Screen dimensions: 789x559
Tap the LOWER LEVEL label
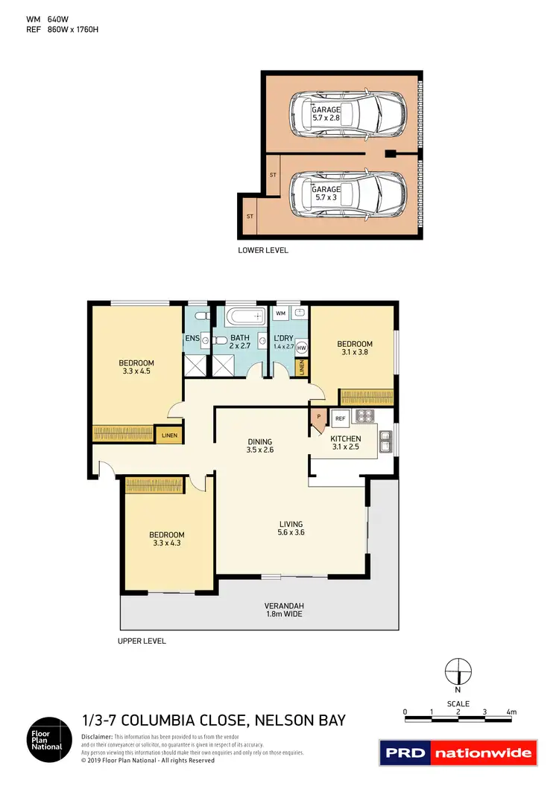point(262,250)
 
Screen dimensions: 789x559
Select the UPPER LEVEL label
point(142,641)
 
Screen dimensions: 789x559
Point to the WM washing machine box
point(280,313)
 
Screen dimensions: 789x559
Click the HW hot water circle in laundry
point(302,348)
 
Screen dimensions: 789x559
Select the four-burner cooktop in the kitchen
point(365,416)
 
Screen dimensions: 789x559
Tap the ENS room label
point(192,339)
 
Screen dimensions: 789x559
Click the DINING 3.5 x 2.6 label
point(260,445)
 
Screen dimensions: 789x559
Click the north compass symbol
point(458,672)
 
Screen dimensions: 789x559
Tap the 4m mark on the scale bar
point(511,712)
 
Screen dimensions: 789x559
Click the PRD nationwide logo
point(458,753)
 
